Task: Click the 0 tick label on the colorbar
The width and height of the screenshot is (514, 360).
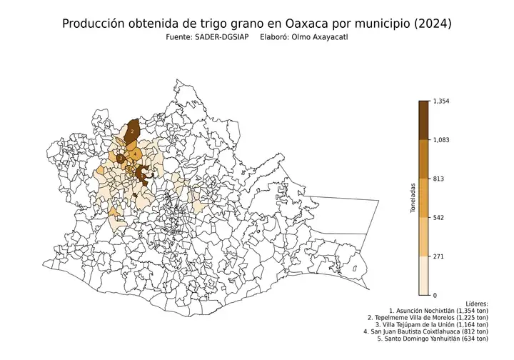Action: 435,295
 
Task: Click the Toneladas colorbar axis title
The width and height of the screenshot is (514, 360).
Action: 413,199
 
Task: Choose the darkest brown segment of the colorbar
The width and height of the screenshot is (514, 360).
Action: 423,120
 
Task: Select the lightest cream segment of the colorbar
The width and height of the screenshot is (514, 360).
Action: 423,276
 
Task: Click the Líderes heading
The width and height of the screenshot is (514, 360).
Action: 476,304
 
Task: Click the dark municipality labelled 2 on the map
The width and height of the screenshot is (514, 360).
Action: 132,131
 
